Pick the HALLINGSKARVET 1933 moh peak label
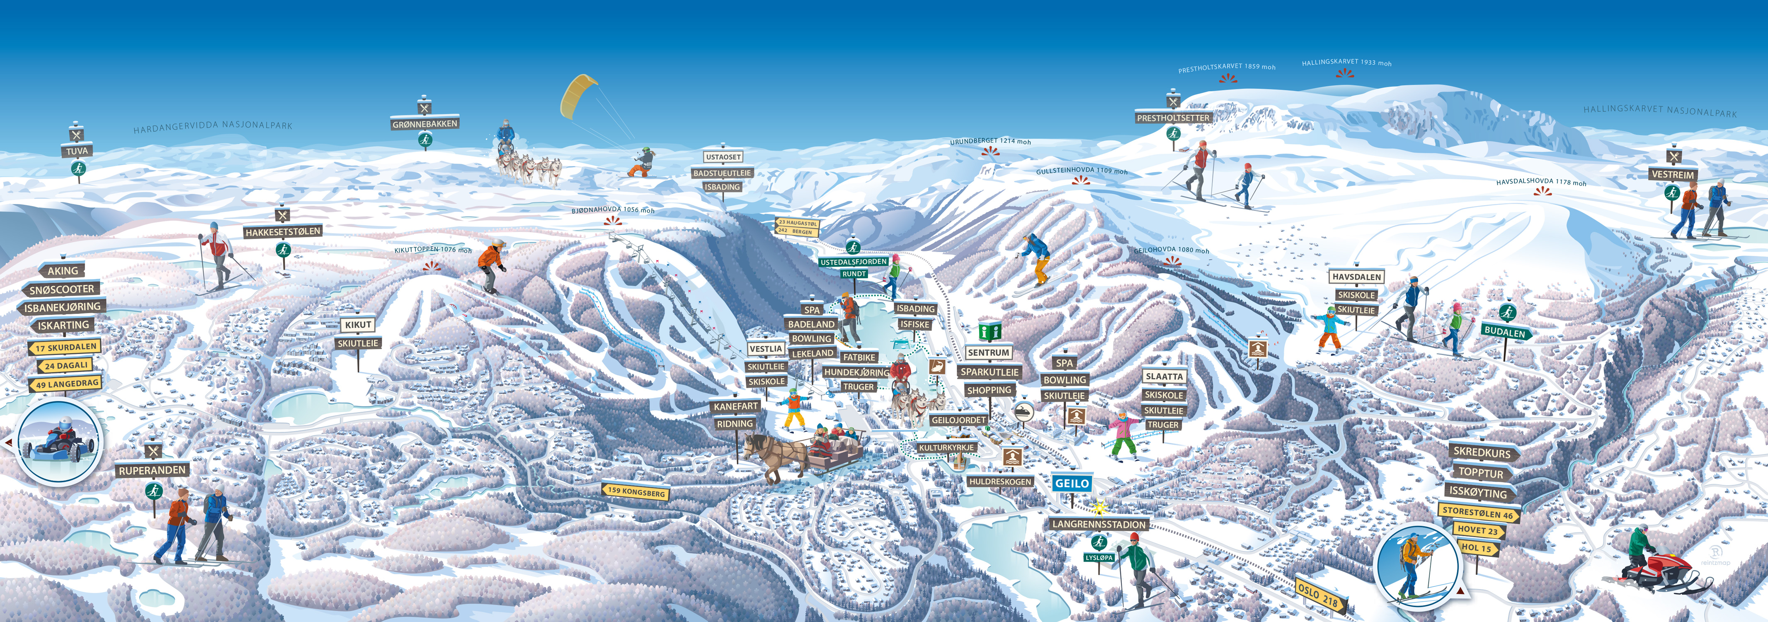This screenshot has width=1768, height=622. [1346, 63]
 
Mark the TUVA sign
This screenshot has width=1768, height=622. [77, 151]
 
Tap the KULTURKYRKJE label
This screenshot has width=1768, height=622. [946, 447]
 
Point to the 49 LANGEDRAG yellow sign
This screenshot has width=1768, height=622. [67, 384]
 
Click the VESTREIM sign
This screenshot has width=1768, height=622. [1673, 175]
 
